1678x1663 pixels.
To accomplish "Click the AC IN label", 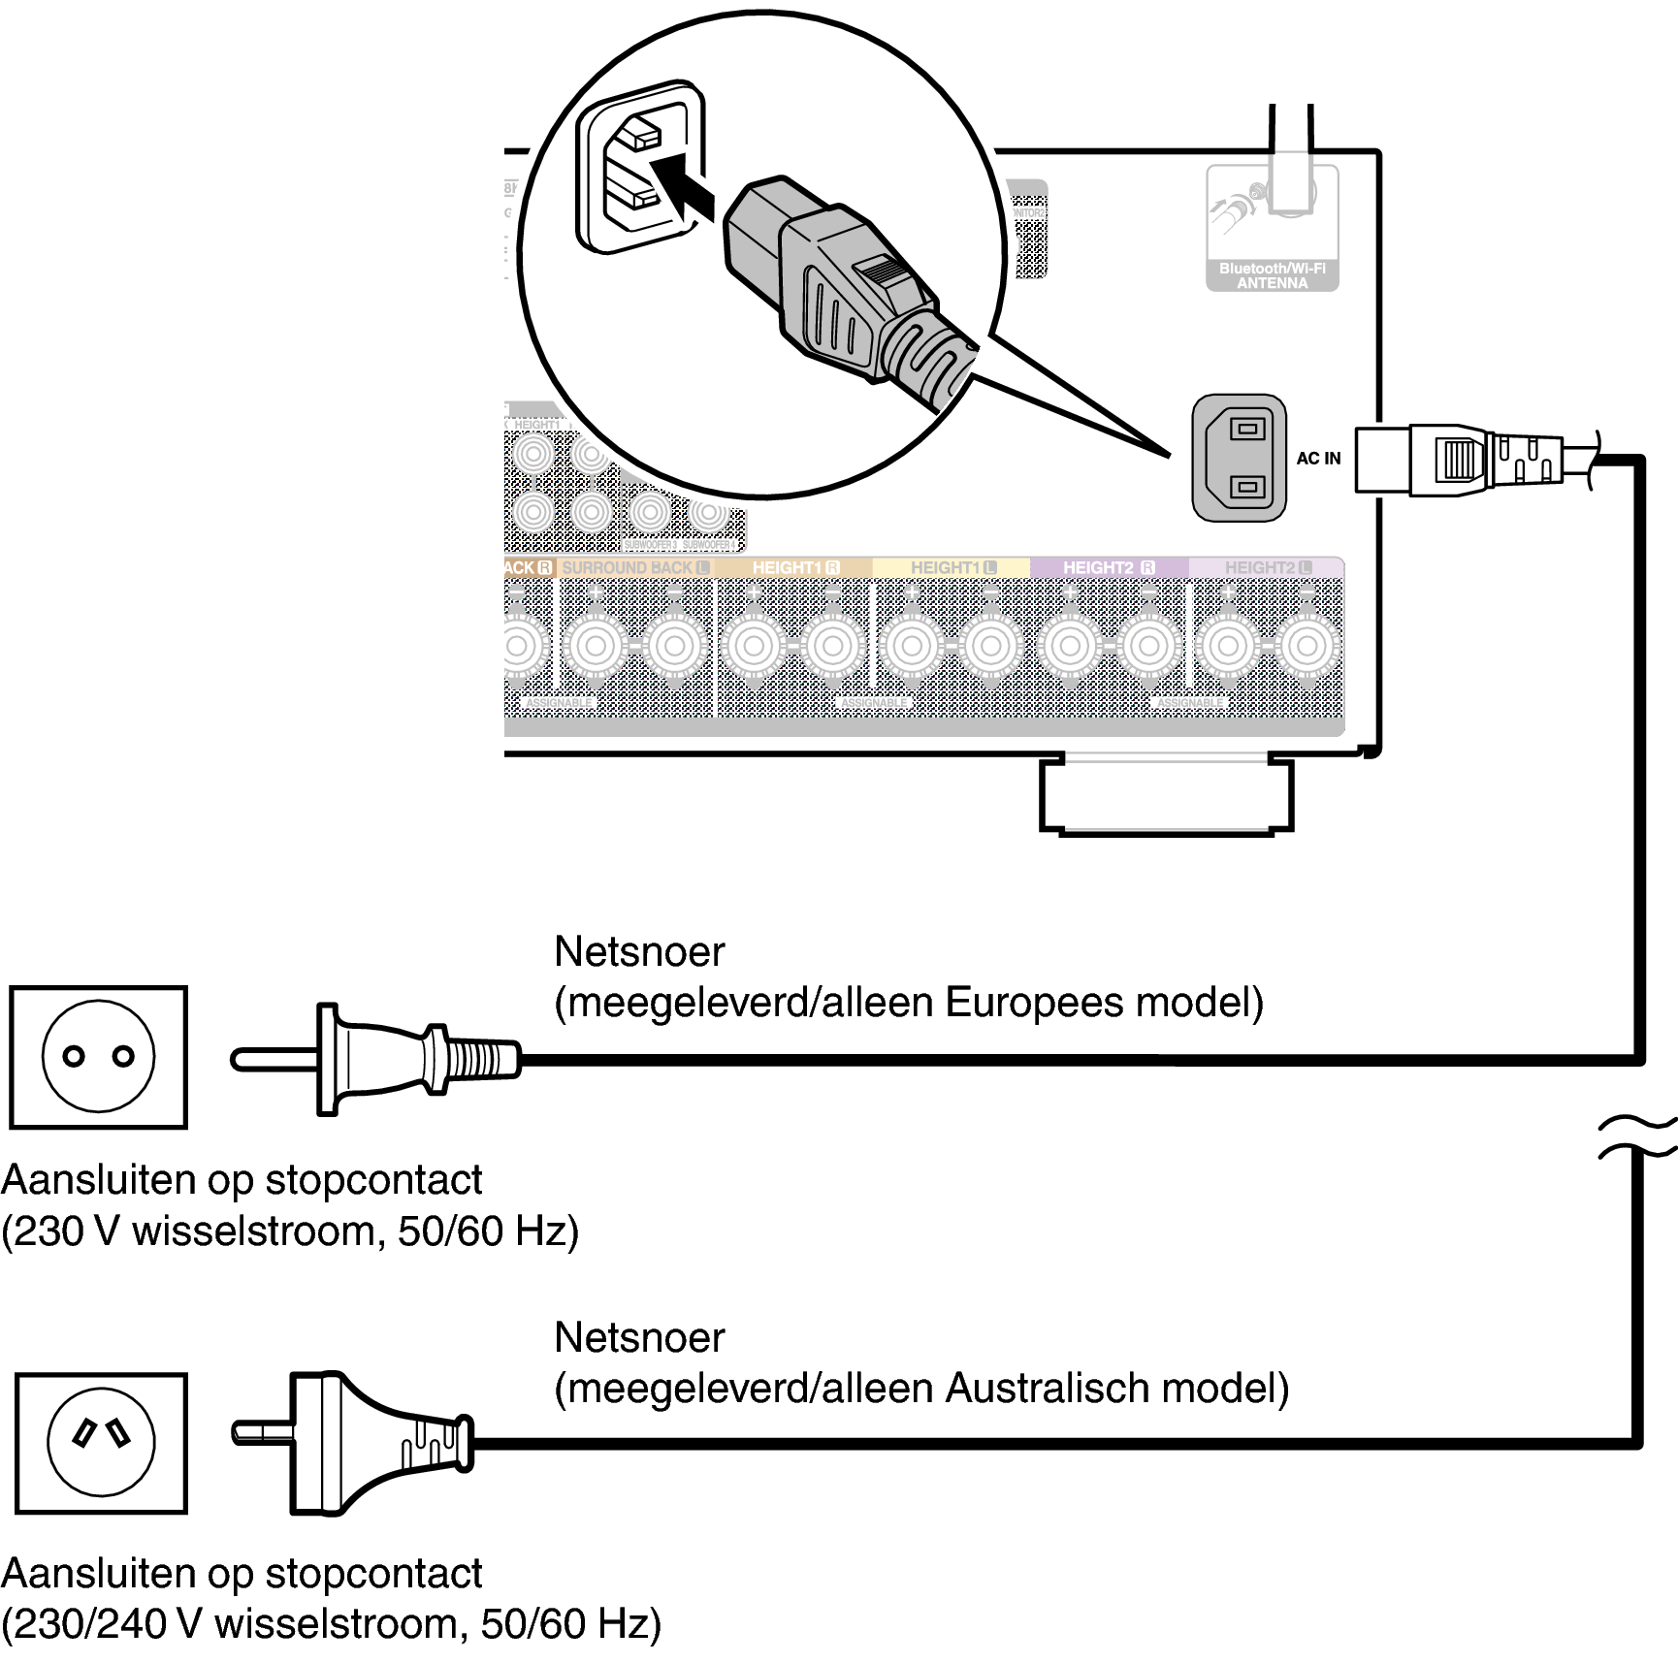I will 1318,459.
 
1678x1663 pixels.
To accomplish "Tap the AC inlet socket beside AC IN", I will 1239,458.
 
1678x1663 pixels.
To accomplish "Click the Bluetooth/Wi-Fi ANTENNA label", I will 1272,275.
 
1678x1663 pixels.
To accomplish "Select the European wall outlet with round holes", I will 98,1057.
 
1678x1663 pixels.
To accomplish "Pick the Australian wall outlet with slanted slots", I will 102,1443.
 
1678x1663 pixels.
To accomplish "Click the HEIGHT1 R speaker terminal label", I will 795,567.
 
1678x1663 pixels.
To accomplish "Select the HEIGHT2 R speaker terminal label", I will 1109,567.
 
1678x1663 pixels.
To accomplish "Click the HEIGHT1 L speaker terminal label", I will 952,567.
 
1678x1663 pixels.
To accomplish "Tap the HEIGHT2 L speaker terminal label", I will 1267,567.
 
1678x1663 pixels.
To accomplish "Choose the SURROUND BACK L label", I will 635,567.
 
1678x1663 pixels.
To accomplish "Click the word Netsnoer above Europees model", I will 639,952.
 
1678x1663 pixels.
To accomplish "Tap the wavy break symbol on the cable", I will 1637,1137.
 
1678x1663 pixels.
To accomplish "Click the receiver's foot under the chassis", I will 1166,795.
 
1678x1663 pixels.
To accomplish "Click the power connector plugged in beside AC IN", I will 1455,459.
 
